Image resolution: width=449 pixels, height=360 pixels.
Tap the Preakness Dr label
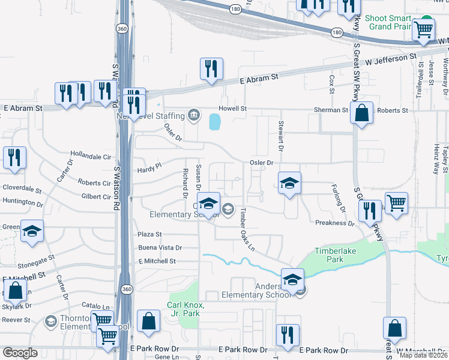pos(335,223)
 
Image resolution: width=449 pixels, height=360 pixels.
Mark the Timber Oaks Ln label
pos(247,230)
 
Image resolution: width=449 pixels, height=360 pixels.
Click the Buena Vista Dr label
pos(160,247)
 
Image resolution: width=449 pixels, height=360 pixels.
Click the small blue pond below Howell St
pos(214,123)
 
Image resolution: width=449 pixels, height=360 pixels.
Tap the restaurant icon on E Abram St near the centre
pos(211,70)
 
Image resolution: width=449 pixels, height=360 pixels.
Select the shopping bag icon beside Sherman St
pos(362,112)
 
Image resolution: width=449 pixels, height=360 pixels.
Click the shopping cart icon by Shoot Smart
pos(424,29)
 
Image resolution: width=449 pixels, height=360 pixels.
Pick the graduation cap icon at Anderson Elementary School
pos(292,279)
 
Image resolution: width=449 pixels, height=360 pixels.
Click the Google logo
pos(20,353)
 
